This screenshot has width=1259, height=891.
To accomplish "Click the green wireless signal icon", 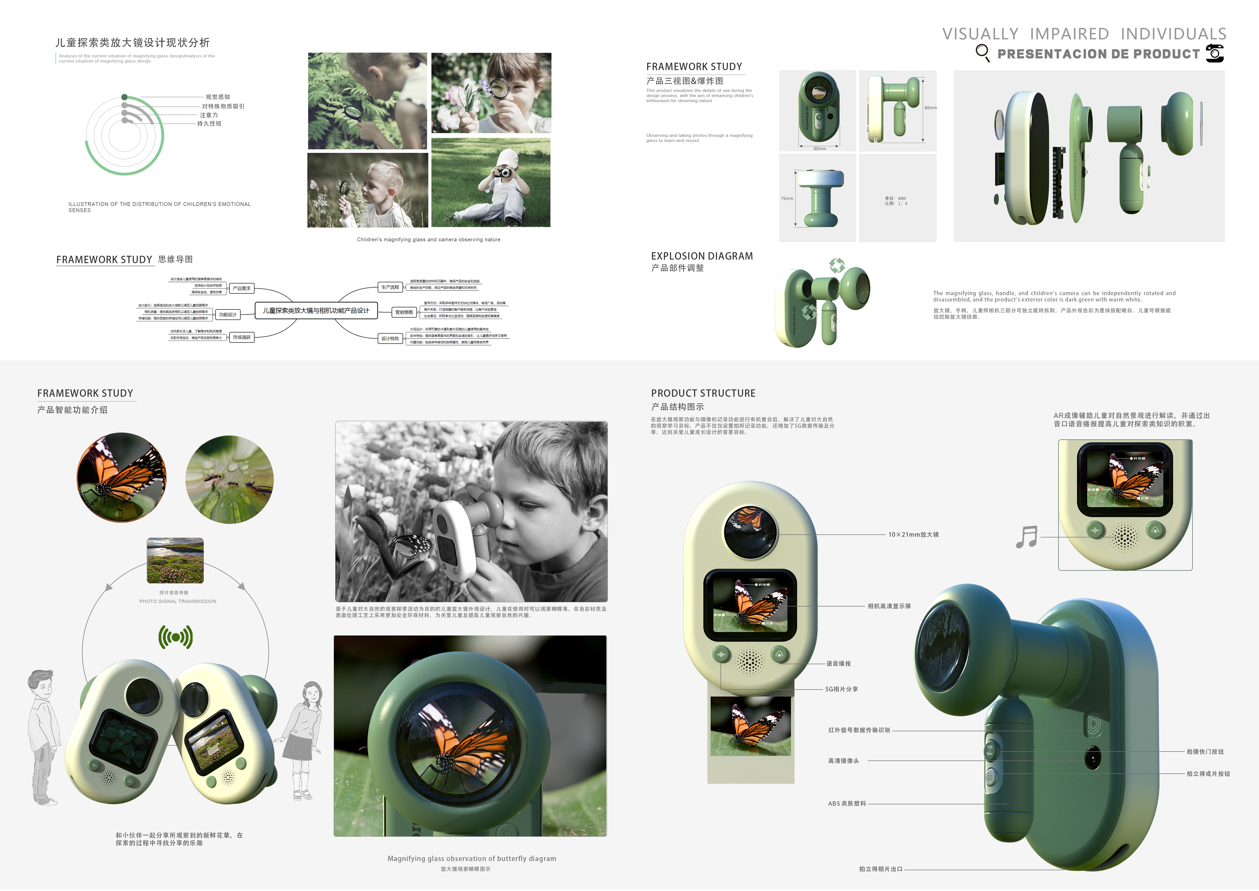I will tap(175, 637).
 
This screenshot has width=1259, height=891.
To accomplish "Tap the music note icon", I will tap(1027, 537).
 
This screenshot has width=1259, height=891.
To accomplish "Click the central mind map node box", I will tap(316, 311).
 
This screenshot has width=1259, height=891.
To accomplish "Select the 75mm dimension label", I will tap(786, 199).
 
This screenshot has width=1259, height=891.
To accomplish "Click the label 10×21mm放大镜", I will tap(913, 534).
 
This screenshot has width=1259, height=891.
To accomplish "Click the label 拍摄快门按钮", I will tap(1205, 752).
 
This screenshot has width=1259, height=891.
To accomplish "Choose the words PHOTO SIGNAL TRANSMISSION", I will tap(178, 601).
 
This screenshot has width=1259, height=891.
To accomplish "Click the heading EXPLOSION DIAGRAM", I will tap(701, 256).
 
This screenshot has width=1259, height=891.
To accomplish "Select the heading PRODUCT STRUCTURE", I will tap(703, 393).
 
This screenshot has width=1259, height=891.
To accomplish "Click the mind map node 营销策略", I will tap(404, 312).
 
